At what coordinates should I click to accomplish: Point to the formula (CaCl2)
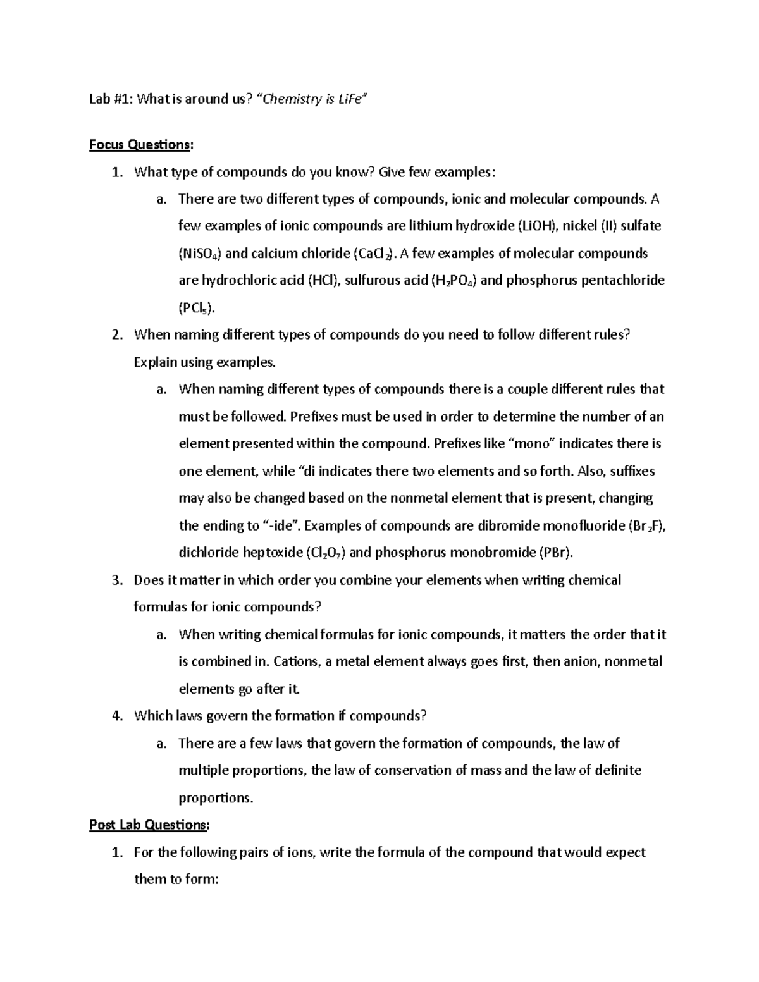coord(373,254)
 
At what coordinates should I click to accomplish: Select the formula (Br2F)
coord(646,526)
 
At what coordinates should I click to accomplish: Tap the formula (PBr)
coord(555,553)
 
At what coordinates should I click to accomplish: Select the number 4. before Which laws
coord(118,716)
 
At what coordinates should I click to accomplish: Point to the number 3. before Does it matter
coord(118,580)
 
